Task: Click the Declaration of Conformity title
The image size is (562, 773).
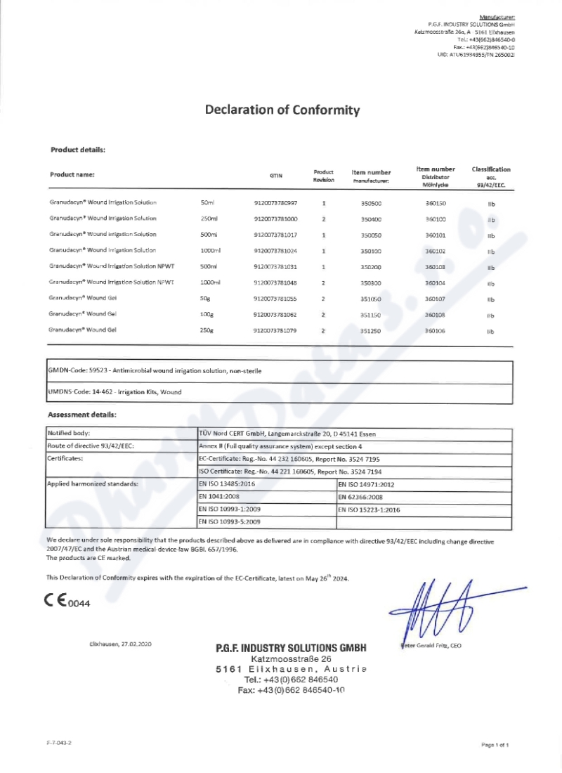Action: click(282, 110)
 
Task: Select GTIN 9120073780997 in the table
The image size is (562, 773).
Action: click(275, 202)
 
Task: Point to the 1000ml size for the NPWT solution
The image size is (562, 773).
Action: click(211, 282)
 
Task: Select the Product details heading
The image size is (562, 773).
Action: click(78, 150)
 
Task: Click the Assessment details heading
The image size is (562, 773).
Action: click(81, 415)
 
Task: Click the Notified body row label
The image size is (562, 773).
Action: click(69, 433)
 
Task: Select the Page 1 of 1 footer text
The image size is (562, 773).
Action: click(495, 743)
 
